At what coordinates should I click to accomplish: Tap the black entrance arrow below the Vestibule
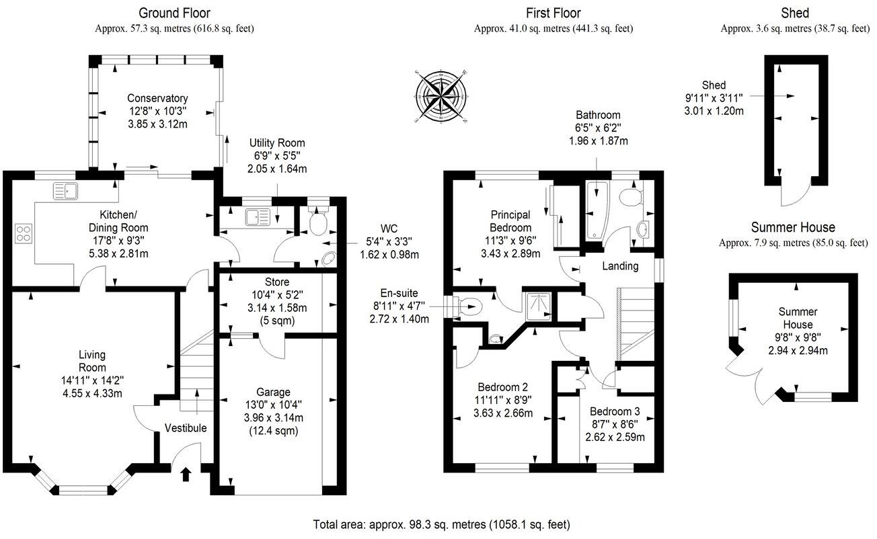(x=186, y=475)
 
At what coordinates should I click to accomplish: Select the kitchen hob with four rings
(x=24, y=233)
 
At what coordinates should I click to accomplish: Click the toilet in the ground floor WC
(x=319, y=222)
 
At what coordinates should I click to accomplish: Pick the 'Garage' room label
(x=273, y=392)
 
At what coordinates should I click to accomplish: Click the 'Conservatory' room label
(x=157, y=99)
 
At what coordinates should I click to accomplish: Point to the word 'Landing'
(x=619, y=266)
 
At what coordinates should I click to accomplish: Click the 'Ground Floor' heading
(x=174, y=13)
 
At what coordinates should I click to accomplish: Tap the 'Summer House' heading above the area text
(x=793, y=227)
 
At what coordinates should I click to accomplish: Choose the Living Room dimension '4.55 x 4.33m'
(x=91, y=393)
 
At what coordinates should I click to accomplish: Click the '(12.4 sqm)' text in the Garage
(x=273, y=430)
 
